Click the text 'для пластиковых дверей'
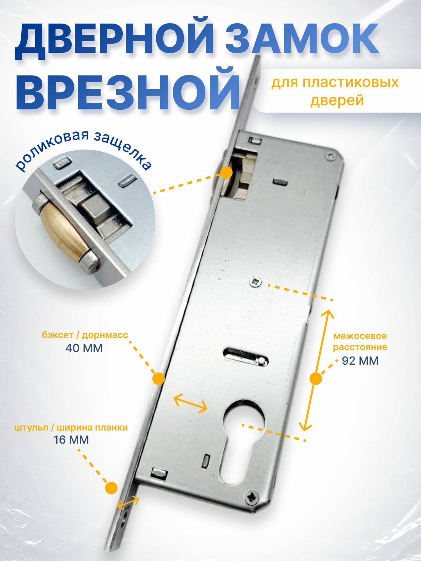(335, 91)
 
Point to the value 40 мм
(84, 348)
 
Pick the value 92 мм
(360, 361)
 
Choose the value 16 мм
(71, 440)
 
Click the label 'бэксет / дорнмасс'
(85, 335)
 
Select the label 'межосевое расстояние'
(360, 341)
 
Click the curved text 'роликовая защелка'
(84, 147)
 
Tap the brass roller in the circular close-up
(60, 233)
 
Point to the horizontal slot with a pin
(246, 357)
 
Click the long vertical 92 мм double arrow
(316, 370)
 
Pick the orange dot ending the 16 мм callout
(111, 488)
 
